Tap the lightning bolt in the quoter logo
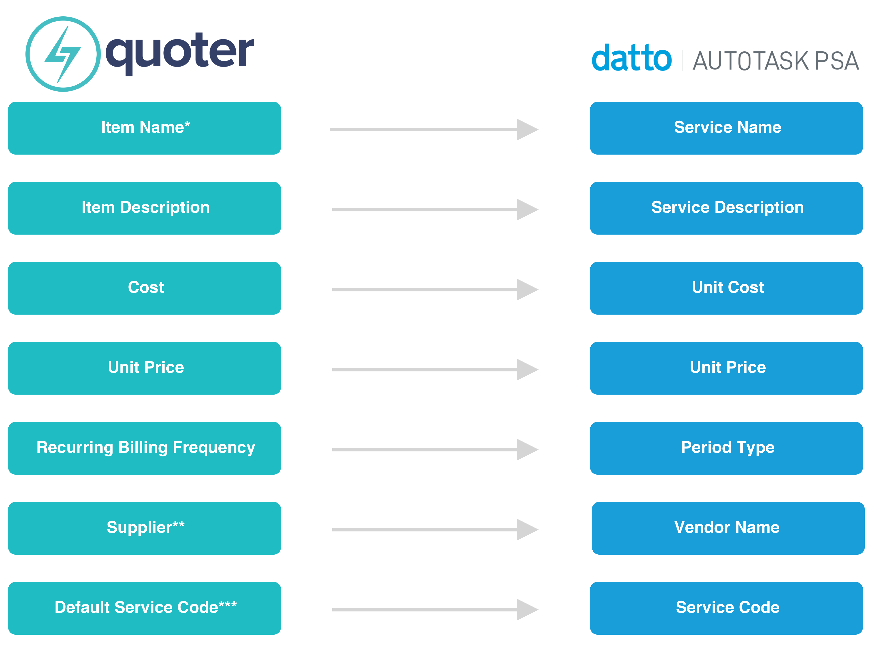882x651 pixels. pyautogui.click(x=63, y=54)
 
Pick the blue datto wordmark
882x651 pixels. pyautogui.click(x=632, y=58)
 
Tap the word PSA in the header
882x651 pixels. pyautogui.click(x=837, y=61)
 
